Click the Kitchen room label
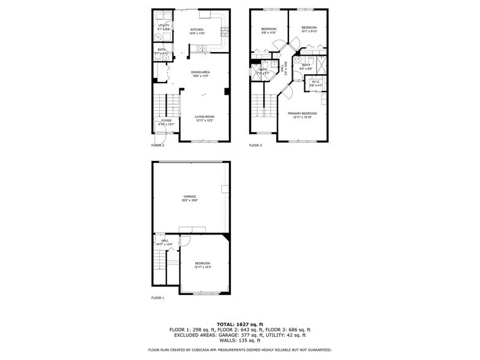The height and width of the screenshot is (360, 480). click(197, 29)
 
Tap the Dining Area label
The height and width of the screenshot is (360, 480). click(201, 73)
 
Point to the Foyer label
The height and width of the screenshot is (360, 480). click(167, 121)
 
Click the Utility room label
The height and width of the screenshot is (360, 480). click(163, 26)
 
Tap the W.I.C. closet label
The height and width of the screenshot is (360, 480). click(315, 82)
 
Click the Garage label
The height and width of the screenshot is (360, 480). click(189, 197)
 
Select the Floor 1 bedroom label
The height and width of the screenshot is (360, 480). click(203, 264)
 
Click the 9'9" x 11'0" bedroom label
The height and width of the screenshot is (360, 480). click(269, 29)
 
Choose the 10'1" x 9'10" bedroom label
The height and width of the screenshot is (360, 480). click(309, 28)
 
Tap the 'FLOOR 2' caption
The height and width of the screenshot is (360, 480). click(158, 146)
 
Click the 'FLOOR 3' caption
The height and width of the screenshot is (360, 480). click(255, 146)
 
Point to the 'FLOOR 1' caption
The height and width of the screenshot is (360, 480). click(158, 298)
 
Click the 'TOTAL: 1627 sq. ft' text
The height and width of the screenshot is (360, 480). click(239, 324)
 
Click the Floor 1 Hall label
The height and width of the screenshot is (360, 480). click(165, 241)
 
